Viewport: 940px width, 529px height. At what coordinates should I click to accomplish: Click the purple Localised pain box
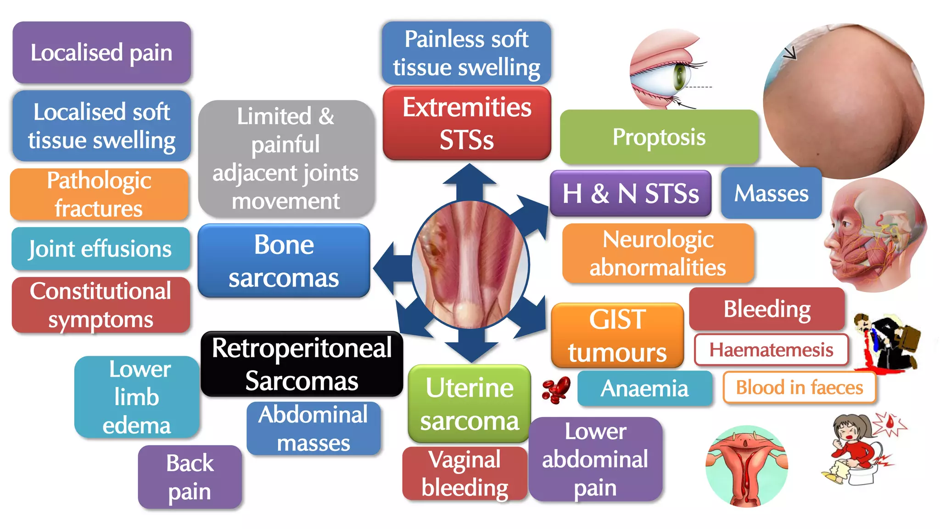point(101,52)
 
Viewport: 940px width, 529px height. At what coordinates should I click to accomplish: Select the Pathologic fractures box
point(99,194)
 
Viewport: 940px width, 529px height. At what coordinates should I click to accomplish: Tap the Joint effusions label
point(100,248)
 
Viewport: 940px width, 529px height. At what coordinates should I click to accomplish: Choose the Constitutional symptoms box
point(101,305)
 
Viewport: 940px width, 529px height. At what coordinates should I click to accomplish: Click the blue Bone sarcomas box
point(284,261)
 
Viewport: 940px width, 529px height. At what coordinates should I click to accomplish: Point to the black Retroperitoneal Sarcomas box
point(302,364)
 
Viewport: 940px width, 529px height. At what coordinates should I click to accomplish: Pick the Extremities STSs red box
point(467,123)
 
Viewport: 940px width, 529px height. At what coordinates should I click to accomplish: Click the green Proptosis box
point(659,137)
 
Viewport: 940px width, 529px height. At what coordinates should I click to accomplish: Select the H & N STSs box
point(630,193)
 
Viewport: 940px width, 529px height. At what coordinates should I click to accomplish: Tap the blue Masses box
point(771,193)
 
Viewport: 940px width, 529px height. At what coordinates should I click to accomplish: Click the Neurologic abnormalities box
point(658,253)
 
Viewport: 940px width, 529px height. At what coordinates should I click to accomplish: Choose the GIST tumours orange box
point(617,335)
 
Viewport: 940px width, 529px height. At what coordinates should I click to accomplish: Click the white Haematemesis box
point(771,350)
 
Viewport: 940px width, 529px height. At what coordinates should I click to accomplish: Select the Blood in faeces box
point(799,388)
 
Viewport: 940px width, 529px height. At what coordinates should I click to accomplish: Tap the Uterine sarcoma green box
point(469,404)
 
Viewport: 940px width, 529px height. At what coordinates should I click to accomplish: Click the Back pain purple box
point(190,477)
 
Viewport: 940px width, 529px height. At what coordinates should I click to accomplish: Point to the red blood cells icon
point(556,389)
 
